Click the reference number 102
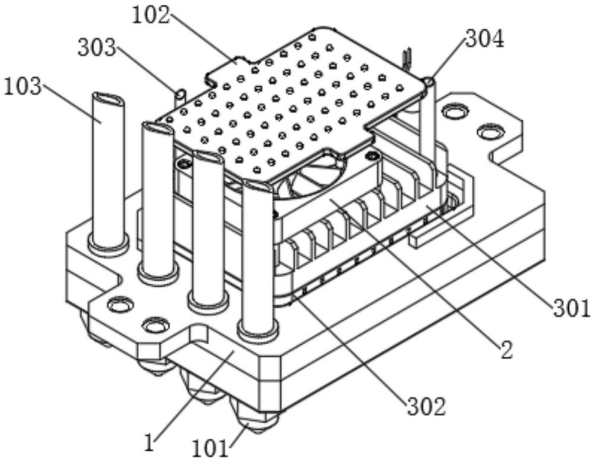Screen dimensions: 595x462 tap(151, 16)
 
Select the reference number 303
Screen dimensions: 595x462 tap(97, 48)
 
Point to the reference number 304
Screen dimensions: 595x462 tap(485, 39)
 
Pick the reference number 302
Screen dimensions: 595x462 tap(427, 407)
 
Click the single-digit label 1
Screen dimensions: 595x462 tap(151, 442)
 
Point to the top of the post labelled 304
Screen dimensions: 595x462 tap(429, 80)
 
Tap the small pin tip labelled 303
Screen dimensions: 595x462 tap(180, 93)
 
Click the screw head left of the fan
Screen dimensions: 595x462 tap(185, 164)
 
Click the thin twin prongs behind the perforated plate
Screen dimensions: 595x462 tap(408, 59)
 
